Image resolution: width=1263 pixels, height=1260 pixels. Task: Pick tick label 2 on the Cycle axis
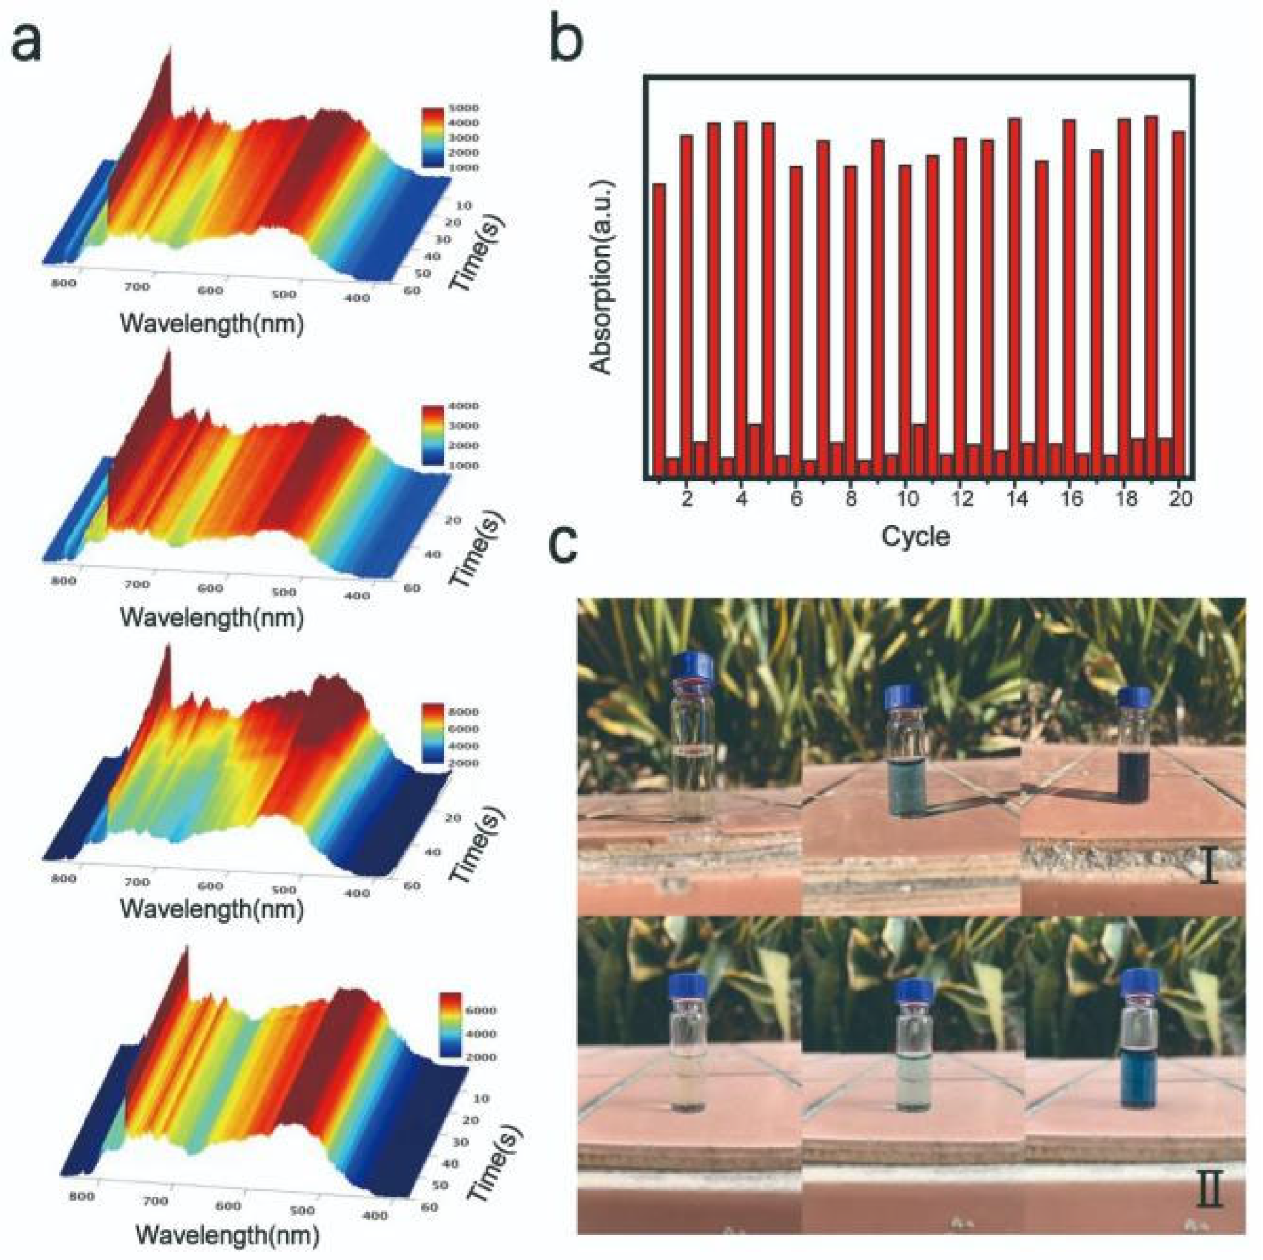686,499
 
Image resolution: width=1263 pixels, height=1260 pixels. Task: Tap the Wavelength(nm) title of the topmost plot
212,323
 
